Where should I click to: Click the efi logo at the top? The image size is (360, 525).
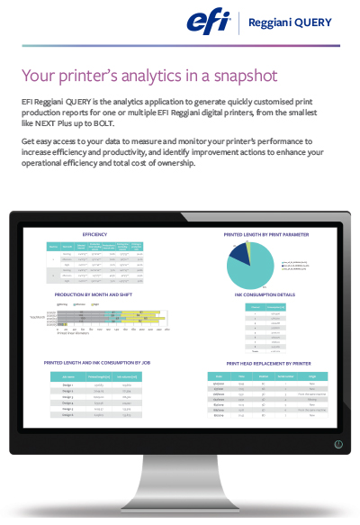208,22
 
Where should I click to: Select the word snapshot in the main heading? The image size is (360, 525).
239,75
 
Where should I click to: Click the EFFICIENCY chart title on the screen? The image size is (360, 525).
94,209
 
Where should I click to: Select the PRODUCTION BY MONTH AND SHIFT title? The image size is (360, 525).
98,294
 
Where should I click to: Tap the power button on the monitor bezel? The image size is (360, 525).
337,444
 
